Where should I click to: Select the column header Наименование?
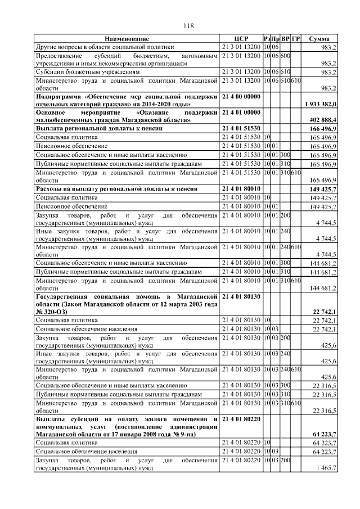point(127,39)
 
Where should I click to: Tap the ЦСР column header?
point(241,39)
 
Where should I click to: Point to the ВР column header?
point(285,39)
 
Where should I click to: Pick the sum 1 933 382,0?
point(320,105)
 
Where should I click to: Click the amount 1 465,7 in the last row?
point(326,468)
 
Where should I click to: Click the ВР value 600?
point(285,56)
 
